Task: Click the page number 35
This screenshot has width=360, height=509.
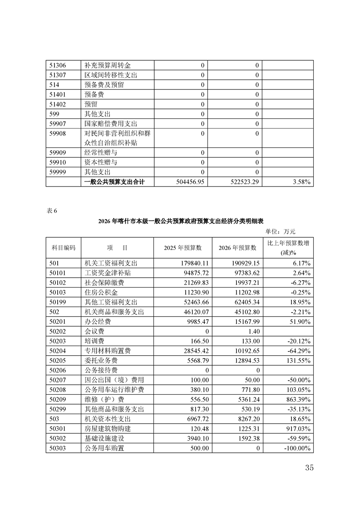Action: (309, 468)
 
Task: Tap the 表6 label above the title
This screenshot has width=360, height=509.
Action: (52, 210)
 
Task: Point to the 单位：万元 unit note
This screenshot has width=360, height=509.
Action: (280, 231)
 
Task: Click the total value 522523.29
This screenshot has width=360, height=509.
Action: (242, 182)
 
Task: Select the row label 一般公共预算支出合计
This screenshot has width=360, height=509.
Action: (118, 182)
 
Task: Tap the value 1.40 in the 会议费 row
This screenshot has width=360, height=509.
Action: (253, 332)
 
